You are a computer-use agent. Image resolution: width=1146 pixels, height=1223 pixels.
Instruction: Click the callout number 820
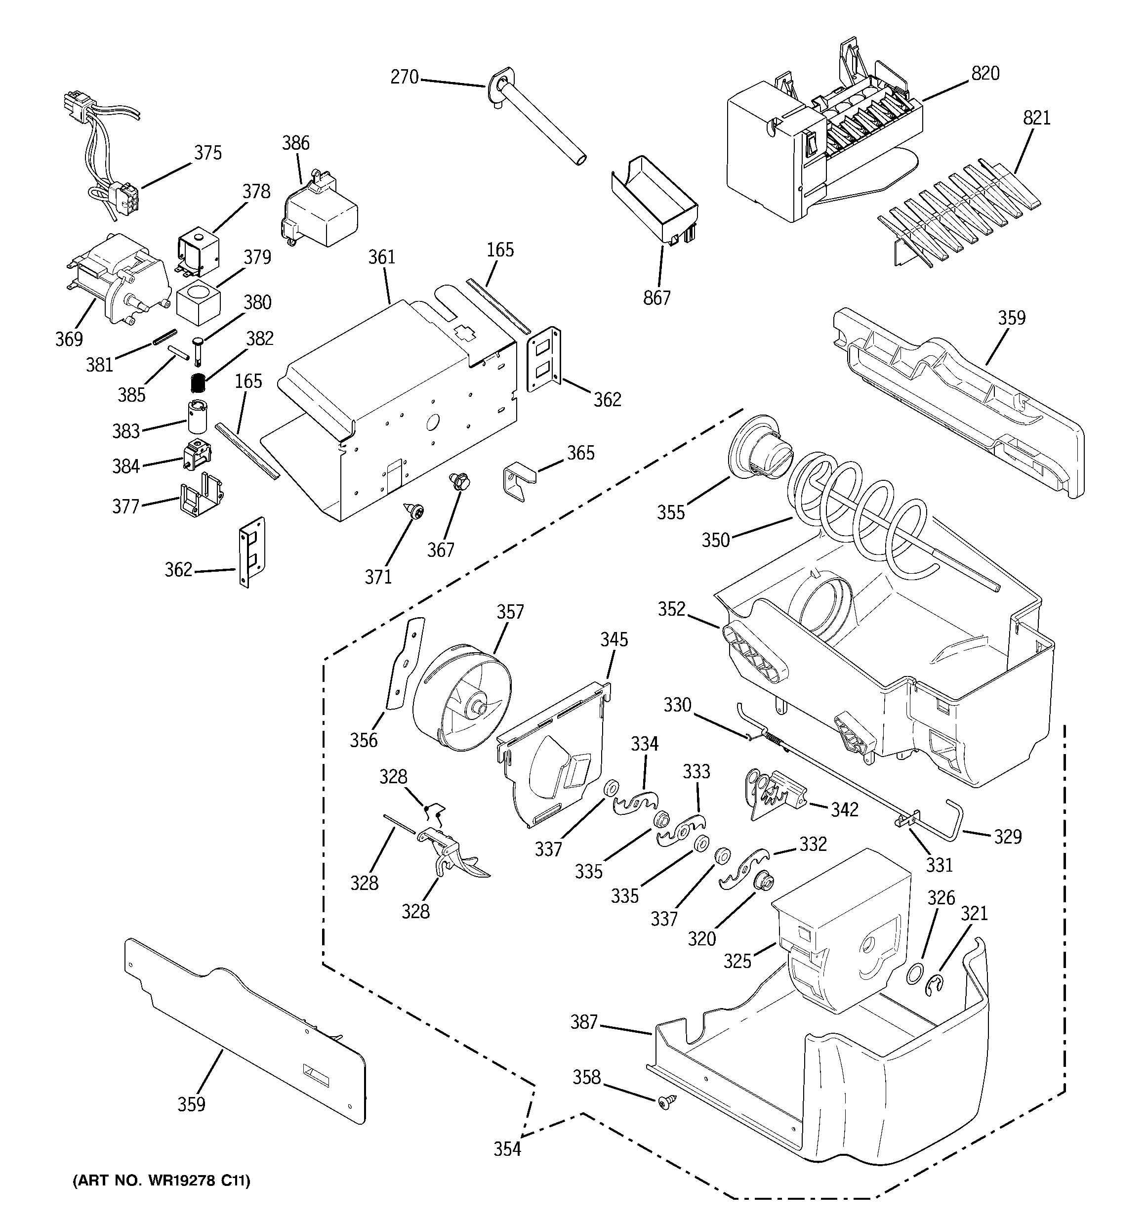(985, 73)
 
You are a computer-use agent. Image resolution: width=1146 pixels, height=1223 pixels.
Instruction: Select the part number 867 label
(656, 298)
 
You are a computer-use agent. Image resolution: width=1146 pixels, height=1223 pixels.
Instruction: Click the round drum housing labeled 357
(461, 698)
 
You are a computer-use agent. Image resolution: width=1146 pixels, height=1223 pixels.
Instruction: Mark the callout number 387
(584, 1022)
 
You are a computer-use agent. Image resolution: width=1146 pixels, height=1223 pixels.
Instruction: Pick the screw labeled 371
(416, 510)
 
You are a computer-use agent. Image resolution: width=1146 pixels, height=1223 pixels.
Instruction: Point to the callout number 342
(844, 809)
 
